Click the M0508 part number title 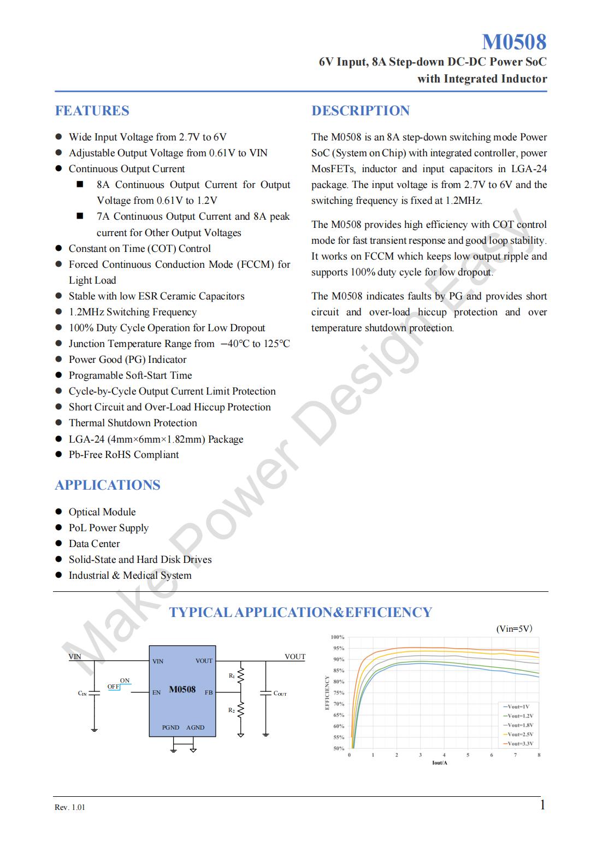tap(514, 42)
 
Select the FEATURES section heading tap(92, 111)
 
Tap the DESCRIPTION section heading tap(360, 111)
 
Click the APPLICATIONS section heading tap(108, 485)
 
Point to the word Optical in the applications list tap(84, 512)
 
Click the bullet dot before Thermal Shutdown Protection tap(58, 423)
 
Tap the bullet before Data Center tap(58, 544)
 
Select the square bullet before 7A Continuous tap(80, 216)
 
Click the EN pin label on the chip tap(156, 692)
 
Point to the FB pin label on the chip tap(209, 692)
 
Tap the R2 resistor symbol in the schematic tap(241, 710)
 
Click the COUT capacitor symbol tap(266, 693)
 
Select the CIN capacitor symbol tap(95, 693)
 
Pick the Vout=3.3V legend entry tap(520, 744)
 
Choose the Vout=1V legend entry tap(517, 707)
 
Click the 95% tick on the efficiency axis tap(339, 649)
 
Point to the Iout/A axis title tap(440, 763)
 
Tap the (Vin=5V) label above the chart tap(514, 629)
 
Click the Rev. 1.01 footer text tap(70, 808)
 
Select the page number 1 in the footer tap(542, 805)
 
